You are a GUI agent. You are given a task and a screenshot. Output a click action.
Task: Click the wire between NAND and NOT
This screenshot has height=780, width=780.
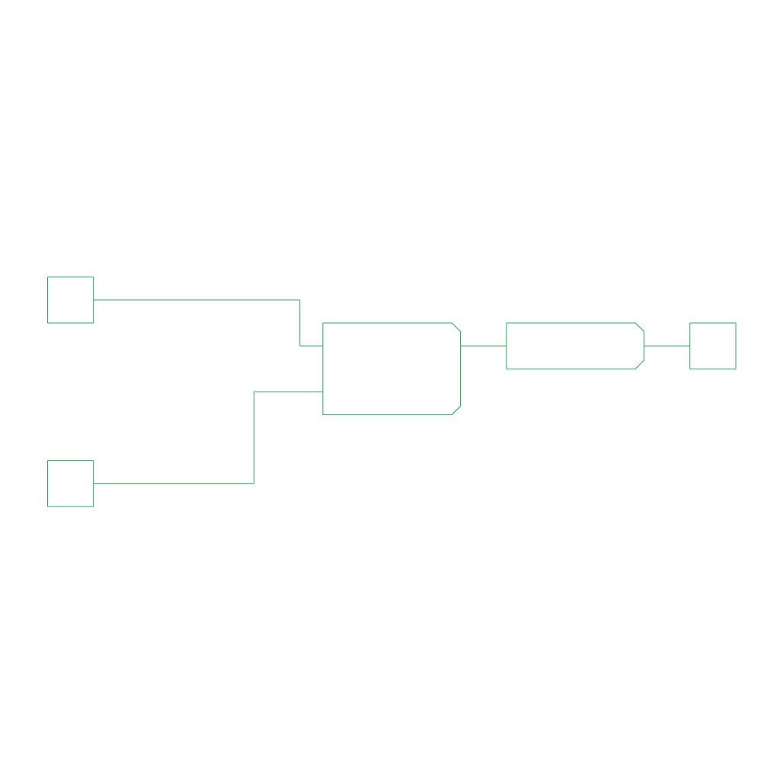tap(483, 346)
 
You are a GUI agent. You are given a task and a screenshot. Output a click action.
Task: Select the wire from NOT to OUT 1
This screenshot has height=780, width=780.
tap(667, 346)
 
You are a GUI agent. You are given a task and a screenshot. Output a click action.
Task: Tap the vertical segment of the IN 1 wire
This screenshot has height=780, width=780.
tap(300, 323)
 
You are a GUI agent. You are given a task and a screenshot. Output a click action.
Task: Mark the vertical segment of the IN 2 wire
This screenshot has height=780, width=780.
tap(254, 437)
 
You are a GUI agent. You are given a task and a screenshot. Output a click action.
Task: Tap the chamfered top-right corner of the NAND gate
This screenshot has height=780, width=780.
tap(456, 327)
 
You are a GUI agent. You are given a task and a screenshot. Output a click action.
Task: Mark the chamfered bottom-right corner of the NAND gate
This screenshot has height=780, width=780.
tap(456, 410)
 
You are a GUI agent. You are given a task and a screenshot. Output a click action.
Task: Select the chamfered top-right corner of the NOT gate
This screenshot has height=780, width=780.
tap(640, 327)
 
